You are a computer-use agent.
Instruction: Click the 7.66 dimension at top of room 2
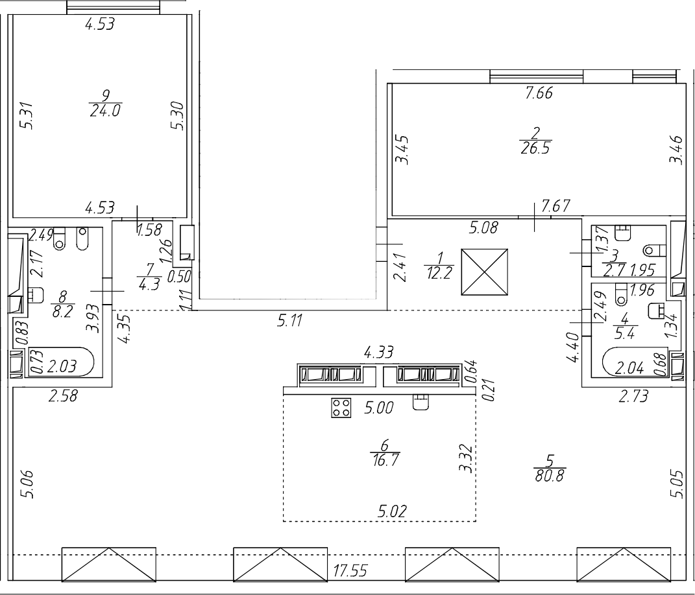click(x=538, y=94)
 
